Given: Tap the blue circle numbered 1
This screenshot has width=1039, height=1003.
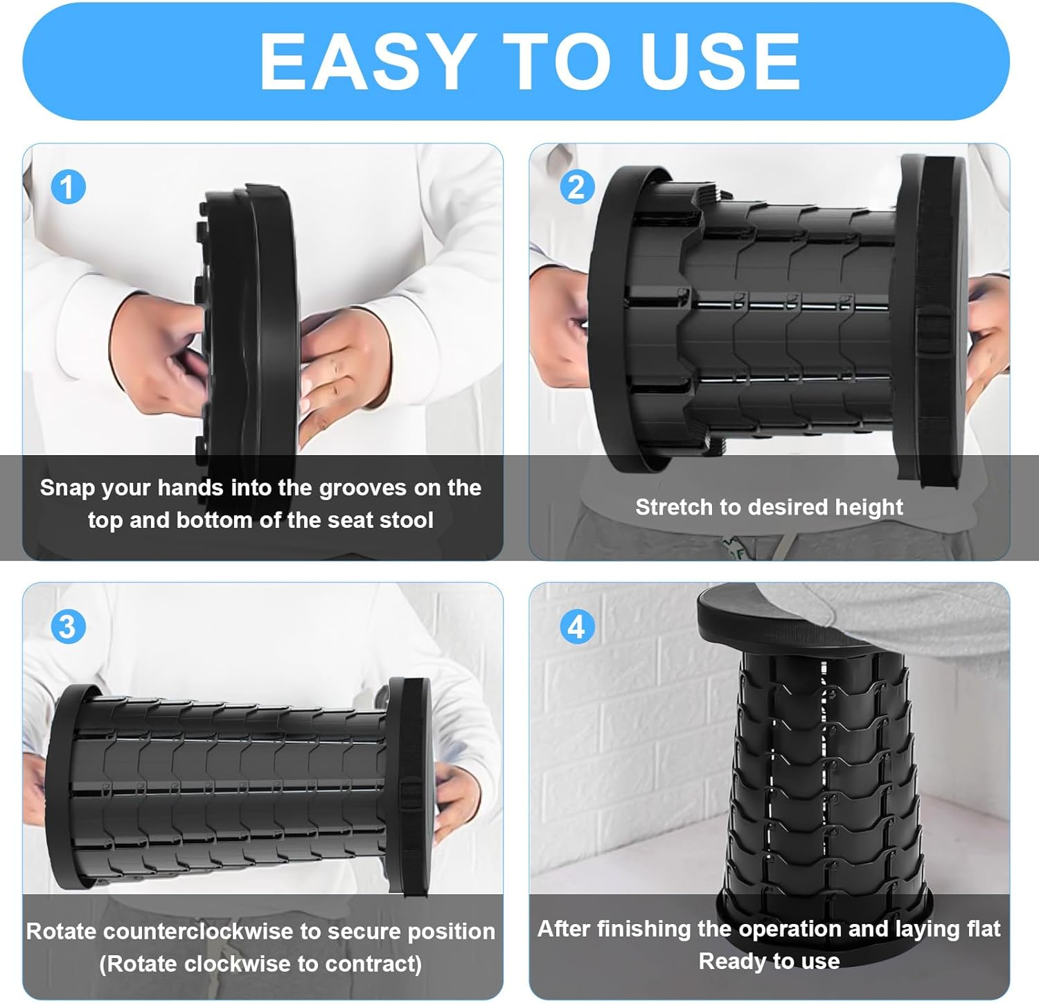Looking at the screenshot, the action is coord(68,187).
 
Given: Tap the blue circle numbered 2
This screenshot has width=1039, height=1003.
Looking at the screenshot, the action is coord(576,187).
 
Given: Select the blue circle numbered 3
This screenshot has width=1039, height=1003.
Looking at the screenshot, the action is coord(68,627).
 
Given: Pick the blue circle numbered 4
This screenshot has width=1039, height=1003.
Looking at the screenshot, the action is coord(576,627).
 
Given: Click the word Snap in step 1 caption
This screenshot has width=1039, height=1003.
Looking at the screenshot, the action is coord(66,488).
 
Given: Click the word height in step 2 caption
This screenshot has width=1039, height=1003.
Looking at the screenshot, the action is coord(869,508).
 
